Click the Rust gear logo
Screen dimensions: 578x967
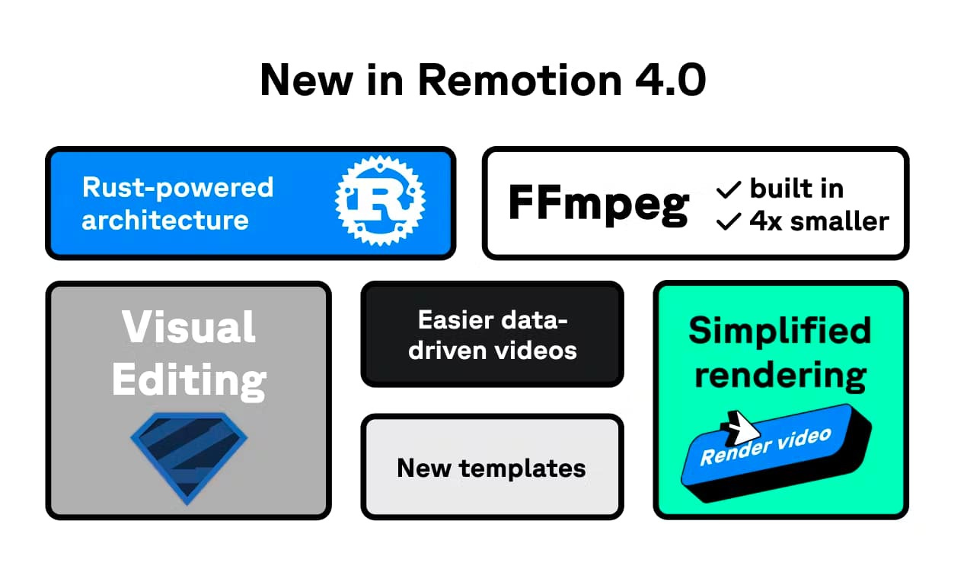tap(380, 201)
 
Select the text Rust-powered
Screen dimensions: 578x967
tap(177, 187)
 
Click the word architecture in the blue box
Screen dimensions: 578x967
tap(165, 221)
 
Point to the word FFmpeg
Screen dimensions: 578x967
tap(598, 203)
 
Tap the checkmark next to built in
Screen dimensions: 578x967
tap(729, 189)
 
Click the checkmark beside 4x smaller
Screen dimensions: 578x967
tap(729, 221)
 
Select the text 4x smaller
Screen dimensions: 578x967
tap(819, 221)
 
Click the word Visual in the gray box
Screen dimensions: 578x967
tap(189, 327)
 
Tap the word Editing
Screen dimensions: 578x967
tap(189, 378)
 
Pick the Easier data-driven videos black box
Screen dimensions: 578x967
tap(492, 335)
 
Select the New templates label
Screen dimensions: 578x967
tap(492, 468)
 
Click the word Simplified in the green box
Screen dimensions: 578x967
tap(780, 331)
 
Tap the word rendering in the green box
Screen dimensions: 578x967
tap(780, 375)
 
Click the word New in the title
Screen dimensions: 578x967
tap(303, 79)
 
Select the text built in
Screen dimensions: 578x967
tap(796, 189)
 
